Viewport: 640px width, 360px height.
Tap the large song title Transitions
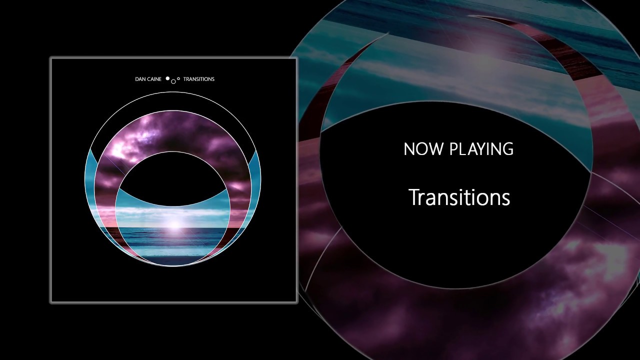459,197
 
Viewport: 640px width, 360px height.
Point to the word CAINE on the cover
152,79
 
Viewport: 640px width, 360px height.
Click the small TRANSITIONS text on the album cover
198,79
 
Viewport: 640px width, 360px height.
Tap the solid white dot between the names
168,78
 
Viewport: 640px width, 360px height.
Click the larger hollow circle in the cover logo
173,81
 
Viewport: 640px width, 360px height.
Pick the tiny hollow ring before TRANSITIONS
178,78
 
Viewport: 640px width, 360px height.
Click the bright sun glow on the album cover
173,224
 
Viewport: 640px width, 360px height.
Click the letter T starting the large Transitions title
413,197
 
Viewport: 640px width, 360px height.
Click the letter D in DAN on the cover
130,79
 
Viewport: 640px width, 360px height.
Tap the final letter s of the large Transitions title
506,198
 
